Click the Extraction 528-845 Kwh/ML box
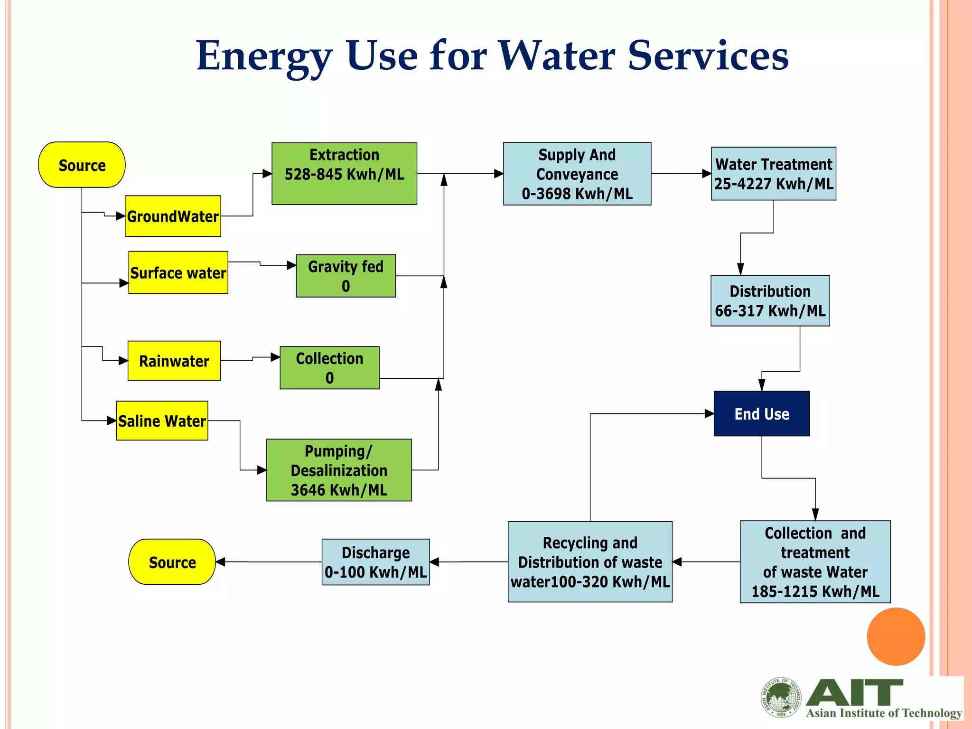(x=344, y=174)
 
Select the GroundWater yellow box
(x=173, y=216)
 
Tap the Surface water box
(x=178, y=273)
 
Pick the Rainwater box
(x=174, y=361)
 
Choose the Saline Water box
(x=162, y=421)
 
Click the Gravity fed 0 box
(x=346, y=276)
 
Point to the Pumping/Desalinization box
(x=339, y=470)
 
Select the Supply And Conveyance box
(x=577, y=174)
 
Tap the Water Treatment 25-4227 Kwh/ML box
(x=773, y=174)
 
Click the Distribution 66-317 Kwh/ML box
(x=770, y=301)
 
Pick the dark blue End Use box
(x=761, y=414)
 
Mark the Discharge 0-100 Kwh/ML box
(x=375, y=562)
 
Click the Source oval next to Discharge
(x=172, y=562)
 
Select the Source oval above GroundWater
(x=82, y=165)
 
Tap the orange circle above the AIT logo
(x=896, y=636)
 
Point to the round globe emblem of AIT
(x=781, y=697)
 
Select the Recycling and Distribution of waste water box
(x=590, y=562)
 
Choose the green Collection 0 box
(x=329, y=368)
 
